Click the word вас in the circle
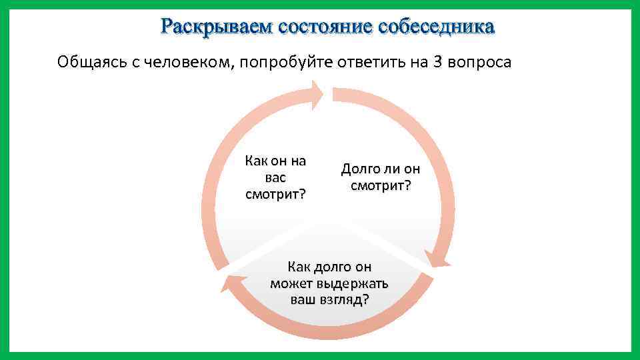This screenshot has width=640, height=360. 275,177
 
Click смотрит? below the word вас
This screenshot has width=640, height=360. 275,194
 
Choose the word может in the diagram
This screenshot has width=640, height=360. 291,283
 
